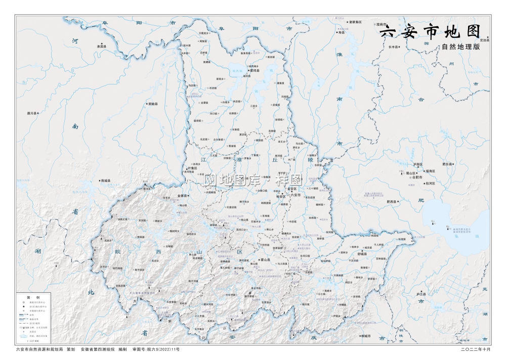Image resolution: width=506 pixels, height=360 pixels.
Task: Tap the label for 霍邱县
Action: coord(254,71)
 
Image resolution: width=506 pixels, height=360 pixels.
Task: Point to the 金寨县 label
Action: coord(183,195)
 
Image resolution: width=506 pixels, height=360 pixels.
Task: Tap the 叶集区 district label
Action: coord(192,168)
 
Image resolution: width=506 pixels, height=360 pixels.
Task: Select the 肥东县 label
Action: coord(448,164)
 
